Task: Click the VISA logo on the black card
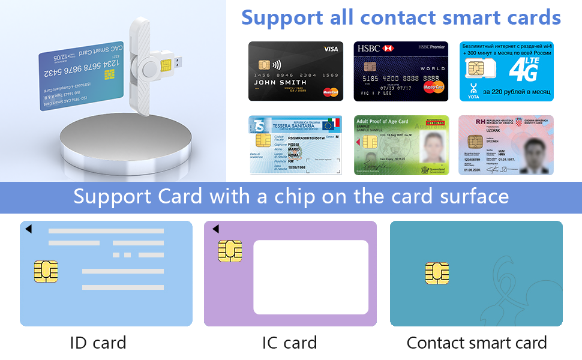pyautogui.click(x=331, y=49)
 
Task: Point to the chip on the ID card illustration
pyautogui.click(x=46, y=272)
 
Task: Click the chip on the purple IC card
pyautogui.click(x=230, y=251)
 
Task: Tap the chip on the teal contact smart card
pyautogui.click(x=437, y=273)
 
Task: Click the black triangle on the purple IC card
pyautogui.click(x=215, y=229)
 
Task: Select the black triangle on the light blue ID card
pyautogui.click(x=28, y=229)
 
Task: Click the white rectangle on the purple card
pyautogui.click(x=311, y=277)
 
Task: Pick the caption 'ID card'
pyautogui.click(x=98, y=343)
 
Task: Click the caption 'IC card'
pyautogui.click(x=289, y=343)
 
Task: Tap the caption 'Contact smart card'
pyautogui.click(x=476, y=343)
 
